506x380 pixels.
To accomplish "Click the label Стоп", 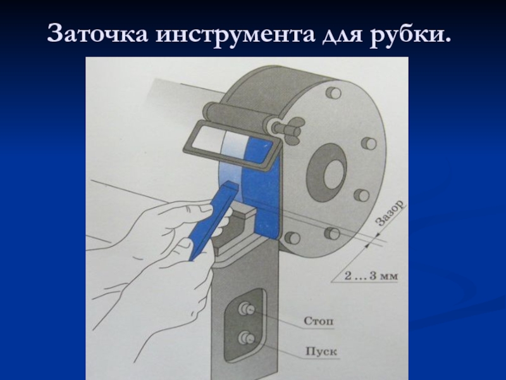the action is pyautogui.click(x=319, y=321).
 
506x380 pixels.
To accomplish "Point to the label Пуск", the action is pyautogui.click(x=321, y=351).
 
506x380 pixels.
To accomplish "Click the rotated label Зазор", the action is pyautogui.click(x=390, y=213).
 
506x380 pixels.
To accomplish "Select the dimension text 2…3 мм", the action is pyautogui.click(x=371, y=276).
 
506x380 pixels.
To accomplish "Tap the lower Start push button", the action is pyautogui.click(x=247, y=338).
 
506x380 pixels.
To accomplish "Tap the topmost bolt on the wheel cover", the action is pyautogui.click(x=333, y=92).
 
